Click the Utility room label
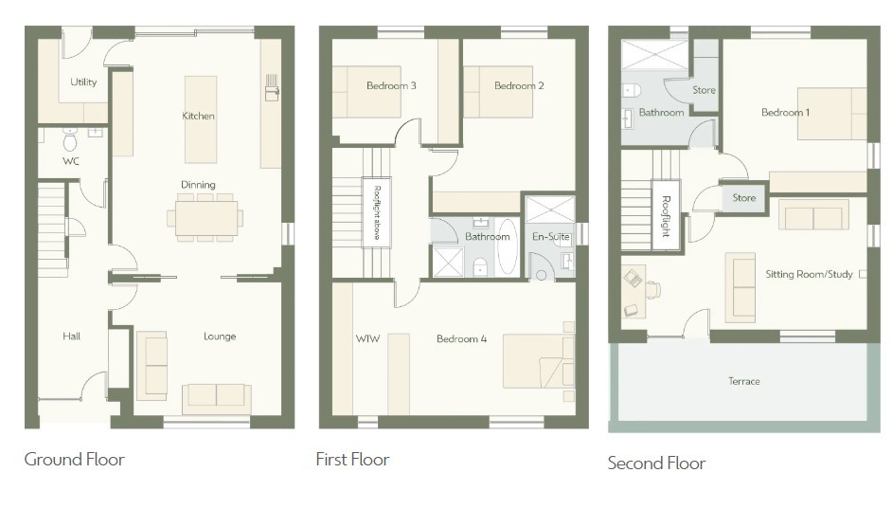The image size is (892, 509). (x=83, y=82)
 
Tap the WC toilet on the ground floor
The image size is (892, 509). (x=70, y=139)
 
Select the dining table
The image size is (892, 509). (x=205, y=218)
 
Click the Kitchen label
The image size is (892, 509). (x=198, y=116)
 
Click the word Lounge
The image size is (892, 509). (x=220, y=336)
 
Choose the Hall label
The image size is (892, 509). (x=72, y=336)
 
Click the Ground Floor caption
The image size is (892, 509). (x=75, y=460)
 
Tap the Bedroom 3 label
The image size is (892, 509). (x=391, y=85)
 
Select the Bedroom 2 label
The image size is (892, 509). (x=519, y=85)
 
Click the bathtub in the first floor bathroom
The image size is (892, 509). (x=508, y=247)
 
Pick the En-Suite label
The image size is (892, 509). (x=551, y=236)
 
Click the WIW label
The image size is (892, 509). (x=367, y=338)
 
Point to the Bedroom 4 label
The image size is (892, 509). (x=461, y=338)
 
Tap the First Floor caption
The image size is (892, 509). (x=352, y=460)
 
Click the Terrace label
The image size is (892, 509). (x=744, y=381)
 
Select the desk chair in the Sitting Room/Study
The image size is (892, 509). (x=653, y=289)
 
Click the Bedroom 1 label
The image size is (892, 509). (x=785, y=112)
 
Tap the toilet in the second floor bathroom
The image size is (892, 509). (x=631, y=91)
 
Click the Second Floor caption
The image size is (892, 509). (x=656, y=463)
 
